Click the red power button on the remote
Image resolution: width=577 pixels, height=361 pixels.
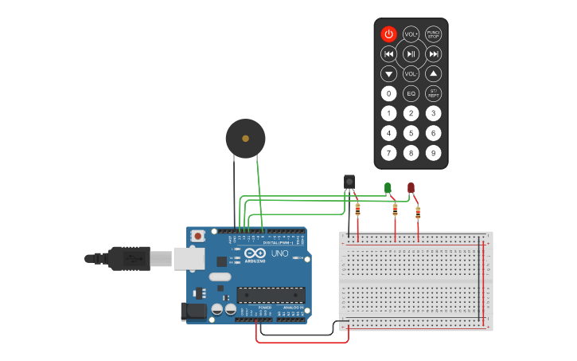(388, 33)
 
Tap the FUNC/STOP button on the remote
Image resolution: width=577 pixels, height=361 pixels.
(433, 33)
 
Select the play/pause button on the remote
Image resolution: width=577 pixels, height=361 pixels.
(411, 54)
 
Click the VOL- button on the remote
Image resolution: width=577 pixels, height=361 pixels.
(411, 74)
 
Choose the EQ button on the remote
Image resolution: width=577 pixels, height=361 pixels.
(411, 94)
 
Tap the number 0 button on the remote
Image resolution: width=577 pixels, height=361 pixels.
(388, 94)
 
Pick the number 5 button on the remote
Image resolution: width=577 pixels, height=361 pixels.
(411, 133)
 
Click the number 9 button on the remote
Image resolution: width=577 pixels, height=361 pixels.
(433, 153)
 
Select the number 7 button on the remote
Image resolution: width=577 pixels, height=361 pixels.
(388, 153)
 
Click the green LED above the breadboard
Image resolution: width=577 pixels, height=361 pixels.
(388, 188)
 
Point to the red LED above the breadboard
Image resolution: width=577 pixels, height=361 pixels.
(411, 188)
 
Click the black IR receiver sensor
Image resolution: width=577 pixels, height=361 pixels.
(349, 182)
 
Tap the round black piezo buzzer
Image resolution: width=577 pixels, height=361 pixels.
(245, 139)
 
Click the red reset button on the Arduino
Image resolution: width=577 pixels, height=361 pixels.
(197, 237)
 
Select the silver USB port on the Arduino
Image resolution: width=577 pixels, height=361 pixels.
(189, 257)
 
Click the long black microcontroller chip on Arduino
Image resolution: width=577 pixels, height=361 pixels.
(271, 294)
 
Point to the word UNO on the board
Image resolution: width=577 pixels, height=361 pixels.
(279, 253)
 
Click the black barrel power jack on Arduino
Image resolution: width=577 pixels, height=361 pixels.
(193, 311)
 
